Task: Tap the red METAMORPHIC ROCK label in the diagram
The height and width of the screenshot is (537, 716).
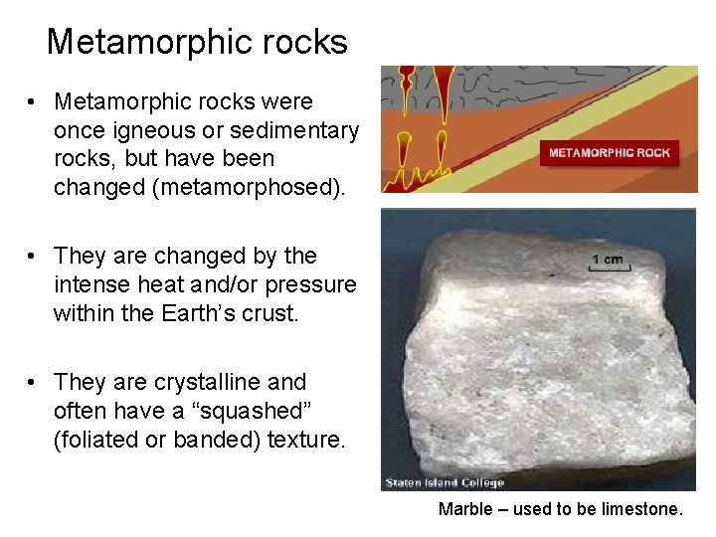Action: [610, 153]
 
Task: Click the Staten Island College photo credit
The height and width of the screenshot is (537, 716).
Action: [445, 483]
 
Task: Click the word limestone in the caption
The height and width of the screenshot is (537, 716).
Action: [641, 510]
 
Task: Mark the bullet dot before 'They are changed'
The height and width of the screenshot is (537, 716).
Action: [34, 257]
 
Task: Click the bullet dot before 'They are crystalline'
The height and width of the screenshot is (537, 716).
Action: [34, 383]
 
